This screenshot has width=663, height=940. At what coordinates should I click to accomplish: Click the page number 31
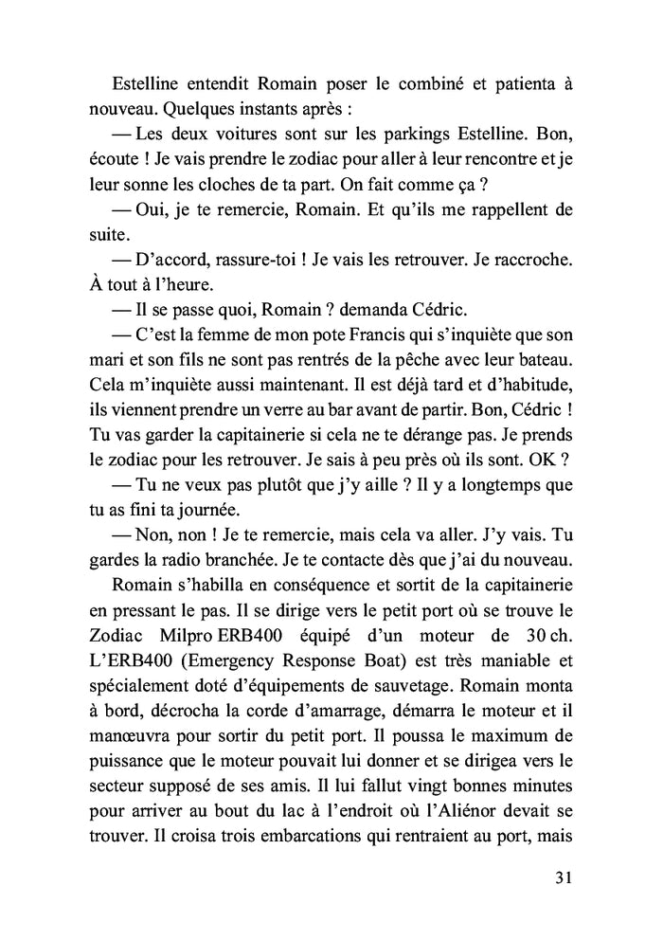[563, 877]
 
